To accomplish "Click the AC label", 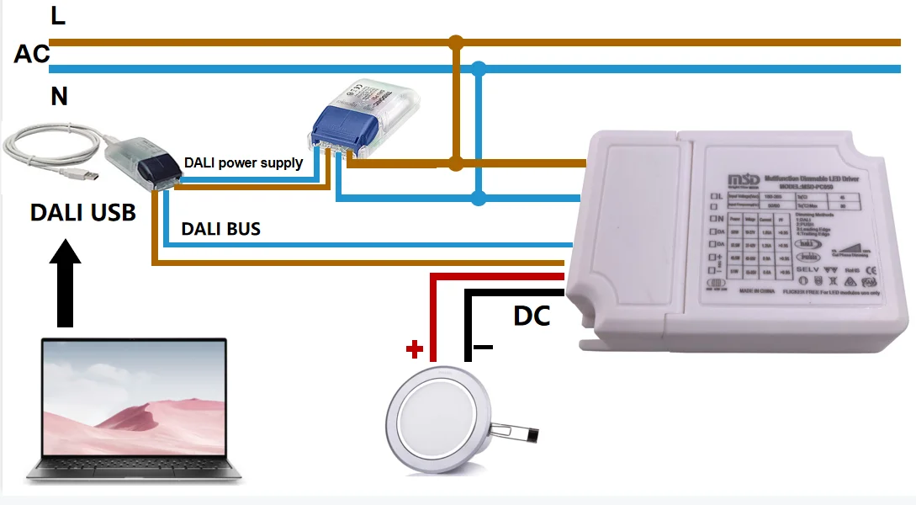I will [x=32, y=55].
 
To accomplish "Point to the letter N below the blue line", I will [x=58, y=96].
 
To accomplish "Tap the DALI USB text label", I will [x=82, y=212].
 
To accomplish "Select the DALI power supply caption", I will [x=243, y=162].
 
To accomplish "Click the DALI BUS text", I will [x=220, y=228].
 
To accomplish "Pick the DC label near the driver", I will [x=532, y=316].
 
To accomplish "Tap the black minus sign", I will [x=483, y=347].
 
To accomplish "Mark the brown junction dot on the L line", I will [x=456, y=41].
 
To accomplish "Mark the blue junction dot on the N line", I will [x=479, y=68].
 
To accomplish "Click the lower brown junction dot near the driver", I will [x=456, y=162].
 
